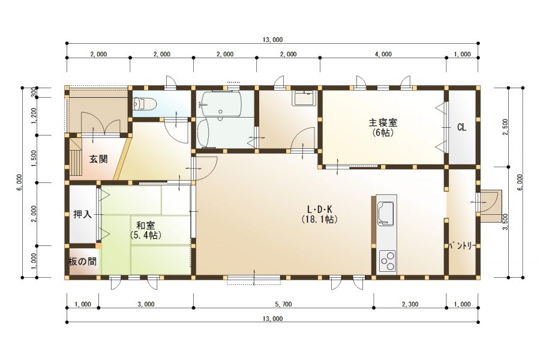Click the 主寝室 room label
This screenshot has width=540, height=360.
383,122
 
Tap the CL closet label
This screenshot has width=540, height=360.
461,127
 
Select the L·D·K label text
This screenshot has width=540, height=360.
319,209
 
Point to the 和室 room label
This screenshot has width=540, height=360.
146,226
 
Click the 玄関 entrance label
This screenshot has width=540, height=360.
98,159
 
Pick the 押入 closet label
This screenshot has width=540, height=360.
83,214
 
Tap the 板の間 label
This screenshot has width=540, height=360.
82,262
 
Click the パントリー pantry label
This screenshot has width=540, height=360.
462,246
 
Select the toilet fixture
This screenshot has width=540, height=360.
145,103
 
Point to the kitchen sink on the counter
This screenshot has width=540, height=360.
386,213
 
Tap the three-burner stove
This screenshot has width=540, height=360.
387,261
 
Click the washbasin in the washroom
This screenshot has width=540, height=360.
303,98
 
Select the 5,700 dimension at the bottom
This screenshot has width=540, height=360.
283,304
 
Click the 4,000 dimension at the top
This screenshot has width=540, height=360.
383,54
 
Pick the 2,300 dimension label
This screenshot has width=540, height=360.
410,304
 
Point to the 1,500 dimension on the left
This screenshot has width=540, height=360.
34,158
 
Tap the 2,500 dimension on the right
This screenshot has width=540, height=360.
505,127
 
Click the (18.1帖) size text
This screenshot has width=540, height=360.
319,219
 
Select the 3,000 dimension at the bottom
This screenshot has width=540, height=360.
146,304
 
